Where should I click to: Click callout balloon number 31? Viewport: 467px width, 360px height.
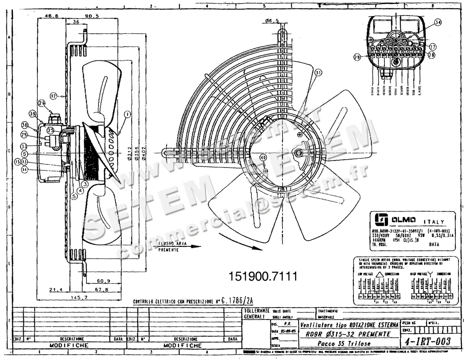pyautogui.click(x=319, y=72)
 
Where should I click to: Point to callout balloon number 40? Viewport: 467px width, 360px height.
pyautogui.click(x=263, y=158)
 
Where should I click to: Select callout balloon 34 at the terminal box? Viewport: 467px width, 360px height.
pyautogui.click(x=438, y=23)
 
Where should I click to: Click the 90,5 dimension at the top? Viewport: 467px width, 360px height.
pyautogui.click(x=92, y=16)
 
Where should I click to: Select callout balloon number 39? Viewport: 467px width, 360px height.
pyautogui.click(x=32, y=113)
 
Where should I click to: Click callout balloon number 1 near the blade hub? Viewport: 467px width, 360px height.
pyautogui.click(x=126, y=114)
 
